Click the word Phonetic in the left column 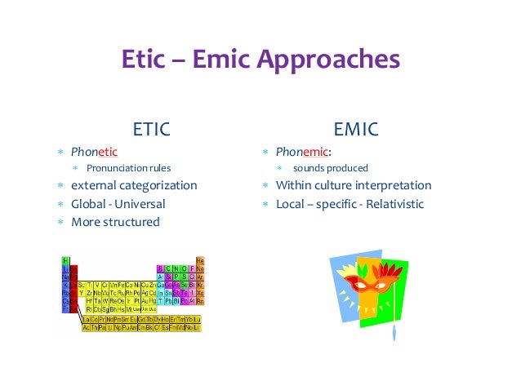pyautogui.click(x=94, y=151)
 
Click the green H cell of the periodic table pyautogui.click(x=66, y=260)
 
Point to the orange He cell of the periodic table pyautogui.click(x=199, y=260)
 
